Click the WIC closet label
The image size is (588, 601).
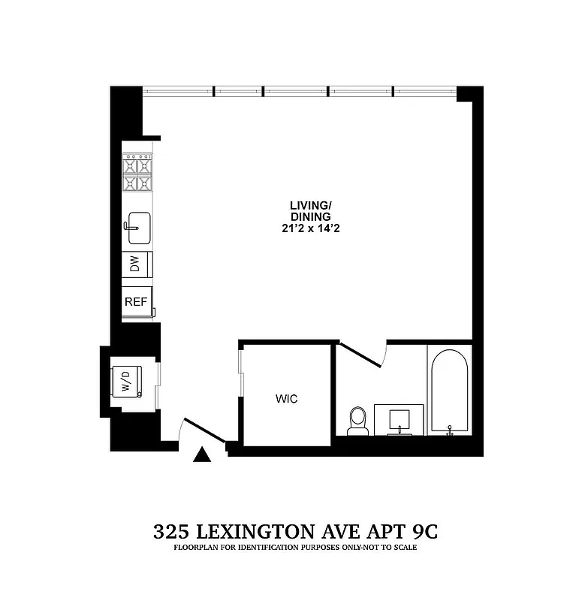[x=287, y=399]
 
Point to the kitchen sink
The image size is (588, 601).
[x=138, y=228]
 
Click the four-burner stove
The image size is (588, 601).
[x=137, y=174]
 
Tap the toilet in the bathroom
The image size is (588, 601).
[x=358, y=421]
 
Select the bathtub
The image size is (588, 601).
[x=449, y=390]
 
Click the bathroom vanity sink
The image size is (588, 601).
[x=399, y=420]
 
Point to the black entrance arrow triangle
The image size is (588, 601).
[x=202, y=455]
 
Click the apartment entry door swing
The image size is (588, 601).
[x=203, y=432]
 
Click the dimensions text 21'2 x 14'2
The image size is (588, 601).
[x=310, y=228]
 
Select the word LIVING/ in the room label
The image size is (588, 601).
[x=310, y=205]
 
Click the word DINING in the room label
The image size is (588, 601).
[x=310, y=217]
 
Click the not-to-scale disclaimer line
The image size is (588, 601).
[x=295, y=548]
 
